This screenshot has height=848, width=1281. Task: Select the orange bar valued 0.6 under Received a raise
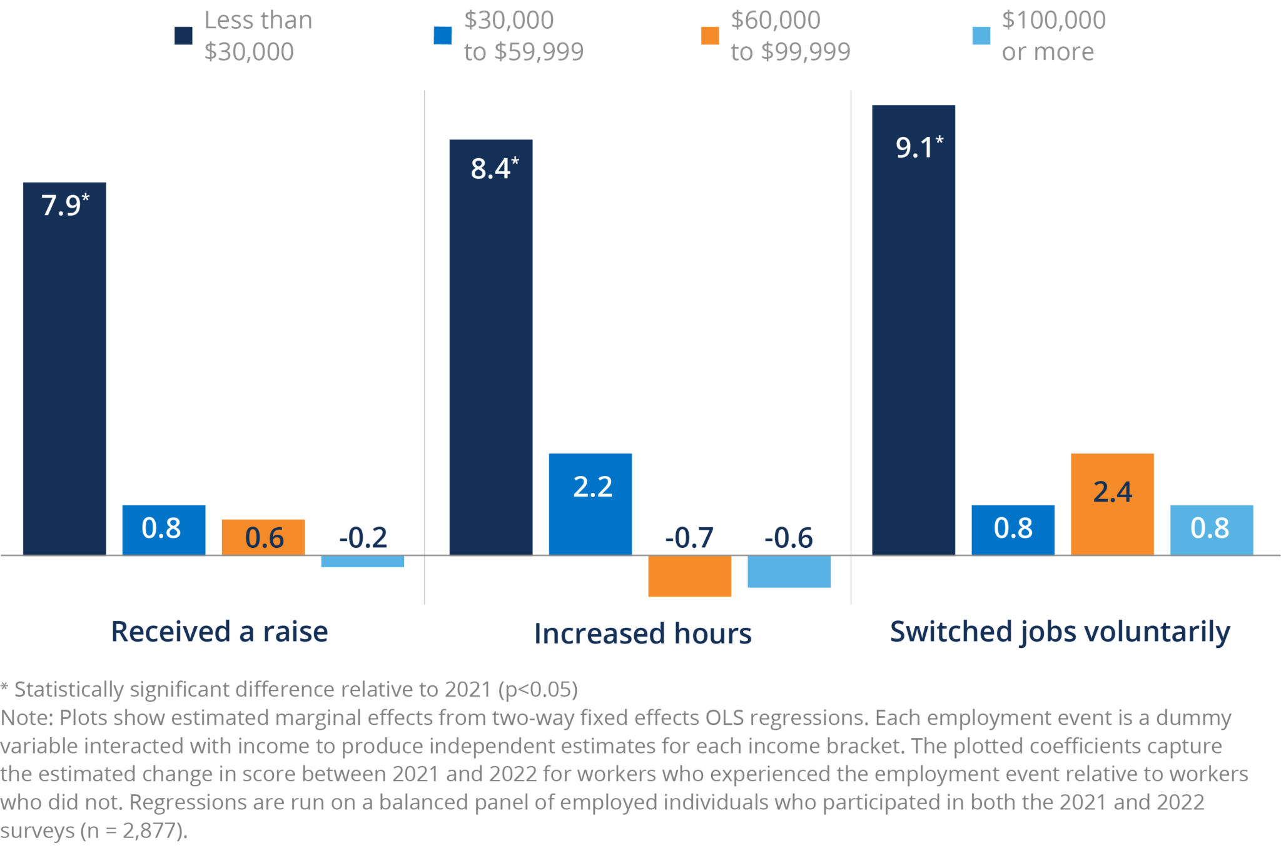(x=263, y=537)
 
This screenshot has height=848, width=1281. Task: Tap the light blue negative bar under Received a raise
(x=362, y=562)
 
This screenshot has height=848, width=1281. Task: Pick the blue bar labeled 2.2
(x=590, y=504)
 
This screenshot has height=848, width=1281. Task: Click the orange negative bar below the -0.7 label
(x=689, y=577)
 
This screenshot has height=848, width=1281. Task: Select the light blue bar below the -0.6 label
(x=789, y=572)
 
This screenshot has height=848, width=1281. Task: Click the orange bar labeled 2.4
(x=1111, y=504)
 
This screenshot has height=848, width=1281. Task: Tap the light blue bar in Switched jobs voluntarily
(x=1211, y=530)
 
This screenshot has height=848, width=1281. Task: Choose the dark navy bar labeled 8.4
(x=490, y=346)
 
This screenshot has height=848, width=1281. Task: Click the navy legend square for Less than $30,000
(x=183, y=36)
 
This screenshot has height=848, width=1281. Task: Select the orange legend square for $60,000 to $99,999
(x=709, y=36)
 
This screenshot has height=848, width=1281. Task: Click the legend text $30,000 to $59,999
(x=523, y=36)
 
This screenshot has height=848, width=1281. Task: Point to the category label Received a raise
(x=220, y=632)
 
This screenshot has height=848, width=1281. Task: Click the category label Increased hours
(x=642, y=633)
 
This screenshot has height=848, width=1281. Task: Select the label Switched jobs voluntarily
(x=1060, y=632)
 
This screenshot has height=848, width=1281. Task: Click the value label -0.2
(x=363, y=538)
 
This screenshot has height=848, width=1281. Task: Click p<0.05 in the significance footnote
(x=538, y=689)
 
